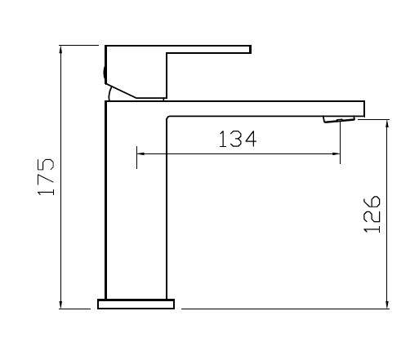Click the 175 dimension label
[46, 176]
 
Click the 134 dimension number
[238, 139]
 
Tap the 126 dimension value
[372, 214]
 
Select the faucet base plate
[136, 304]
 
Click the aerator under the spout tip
[339, 119]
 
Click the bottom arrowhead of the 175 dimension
[61, 304]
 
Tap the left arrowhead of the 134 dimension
[141, 154]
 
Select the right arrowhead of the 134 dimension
[336, 154]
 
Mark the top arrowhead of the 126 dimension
[387, 124]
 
